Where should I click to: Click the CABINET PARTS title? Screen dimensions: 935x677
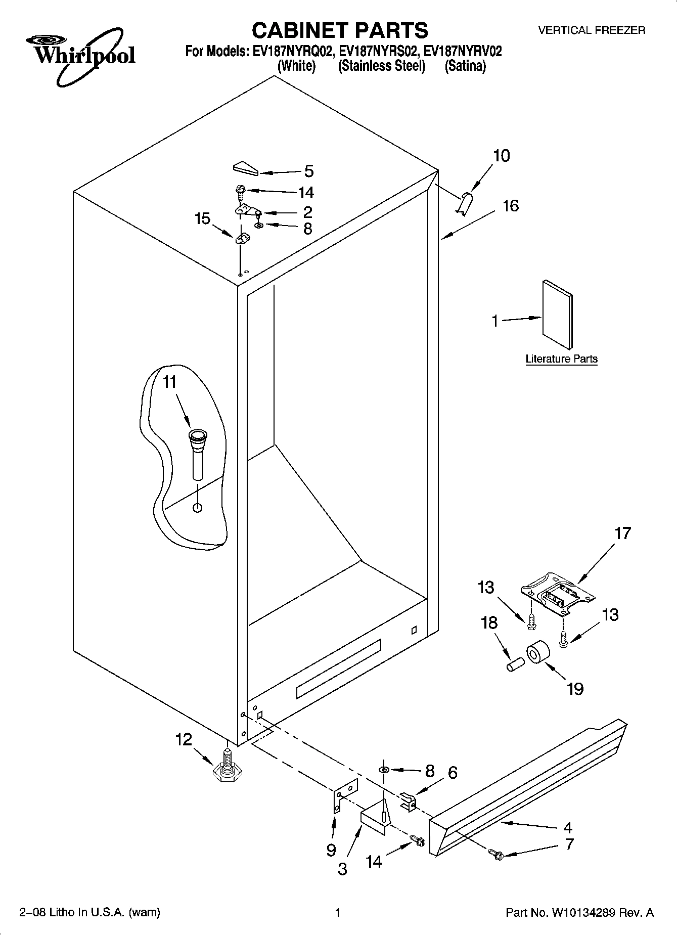[x=339, y=31]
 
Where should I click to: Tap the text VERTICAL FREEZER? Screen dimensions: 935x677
[x=591, y=30]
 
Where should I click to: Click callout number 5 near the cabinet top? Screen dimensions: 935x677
[x=308, y=171]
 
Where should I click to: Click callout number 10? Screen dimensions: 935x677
[x=501, y=156]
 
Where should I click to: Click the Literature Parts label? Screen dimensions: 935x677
[x=561, y=359]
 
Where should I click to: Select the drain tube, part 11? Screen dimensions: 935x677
[x=198, y=453]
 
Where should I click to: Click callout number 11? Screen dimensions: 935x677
[x=170, y=382]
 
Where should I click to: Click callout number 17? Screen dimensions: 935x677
[x=622, y=533]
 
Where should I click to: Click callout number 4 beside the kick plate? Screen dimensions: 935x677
[x=567, y=828]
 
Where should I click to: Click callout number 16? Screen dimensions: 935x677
[x=510, y=206]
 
